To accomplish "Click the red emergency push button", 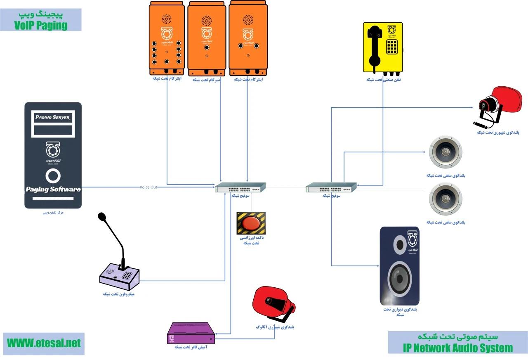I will pos(251,223).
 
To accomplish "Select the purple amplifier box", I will pos(192,333).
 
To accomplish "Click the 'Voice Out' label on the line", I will pos(148,187).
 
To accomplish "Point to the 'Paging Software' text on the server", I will pos(53,189).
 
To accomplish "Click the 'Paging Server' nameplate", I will pos(53,118).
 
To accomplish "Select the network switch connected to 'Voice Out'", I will pos(240,187).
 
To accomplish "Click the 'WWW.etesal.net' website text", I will pos(43,343).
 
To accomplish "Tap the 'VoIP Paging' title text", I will pos(40,25).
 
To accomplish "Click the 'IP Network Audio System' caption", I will pos(457,348).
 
